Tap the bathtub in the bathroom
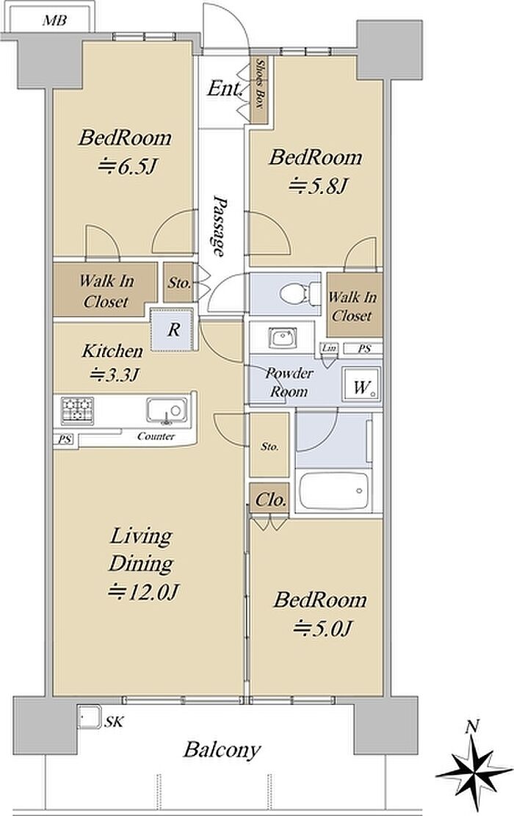pos(334,491)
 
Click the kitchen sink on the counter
pos(167,411)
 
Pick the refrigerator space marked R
pos(174,330)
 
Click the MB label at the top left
pos(54,21)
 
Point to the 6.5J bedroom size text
pos(128,167)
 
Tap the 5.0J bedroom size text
pos(322,629)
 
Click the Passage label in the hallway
pos(221,226)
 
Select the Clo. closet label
pos(270,500)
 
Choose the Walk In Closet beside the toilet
pos(352,306)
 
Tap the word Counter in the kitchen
pos(156,436)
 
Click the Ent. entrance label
pos(225,89)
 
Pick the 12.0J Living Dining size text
pos(144,592)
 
